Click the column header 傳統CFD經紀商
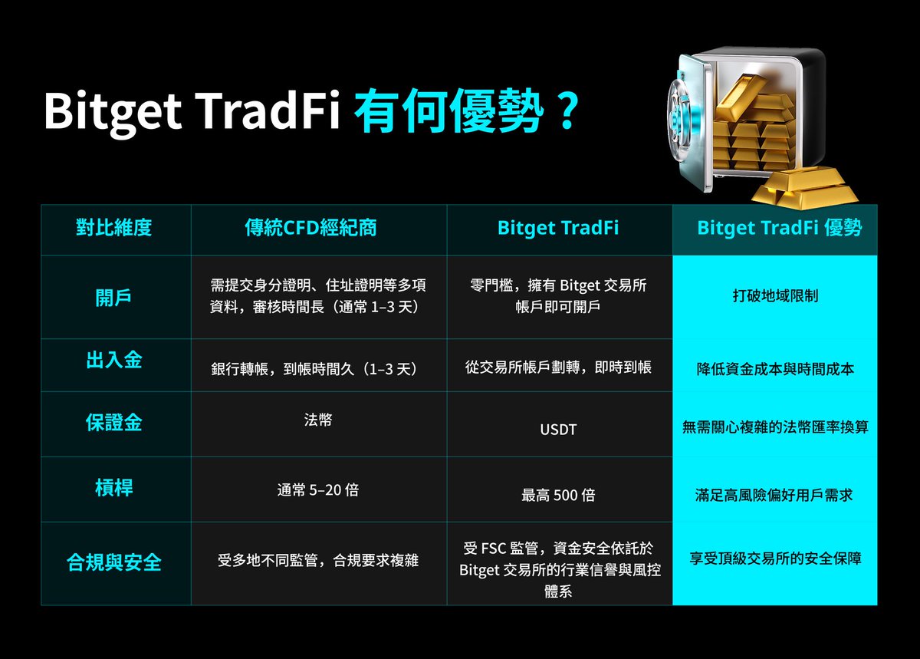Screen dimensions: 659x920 (x=310, y=228)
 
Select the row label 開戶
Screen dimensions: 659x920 (x=113, y=298)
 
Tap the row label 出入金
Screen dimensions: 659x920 (x=113, y=360)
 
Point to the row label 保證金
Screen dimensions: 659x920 (x=113, y=422)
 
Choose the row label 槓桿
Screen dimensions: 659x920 (x=113, y=487)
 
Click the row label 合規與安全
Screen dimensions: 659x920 (x=114, y=563)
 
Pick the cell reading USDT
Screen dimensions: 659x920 (x=558, y=430)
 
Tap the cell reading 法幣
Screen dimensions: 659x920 (x=318, y=420)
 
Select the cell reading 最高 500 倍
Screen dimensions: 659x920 (x=558, y=495)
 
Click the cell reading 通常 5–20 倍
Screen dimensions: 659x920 (x=318, y=489)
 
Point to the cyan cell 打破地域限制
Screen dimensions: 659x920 (x=775, y=295)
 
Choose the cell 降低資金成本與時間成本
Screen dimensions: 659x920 (x=775, y=369)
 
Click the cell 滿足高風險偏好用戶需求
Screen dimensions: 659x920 (x=775, y=495)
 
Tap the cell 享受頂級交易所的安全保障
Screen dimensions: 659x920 (x=775, y=559)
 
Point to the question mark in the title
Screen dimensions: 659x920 (x=567, y=113)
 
